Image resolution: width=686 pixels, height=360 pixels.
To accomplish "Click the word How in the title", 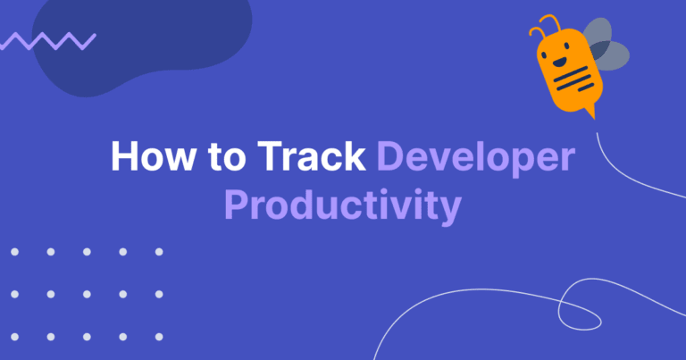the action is [x=153, y=155].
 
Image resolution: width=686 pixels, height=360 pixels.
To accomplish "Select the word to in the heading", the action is [x=227, y=156].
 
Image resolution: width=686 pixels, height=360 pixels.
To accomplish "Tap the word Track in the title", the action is [x=312, y=155].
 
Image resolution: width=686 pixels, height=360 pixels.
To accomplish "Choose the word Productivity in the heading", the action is [x=343, y=207].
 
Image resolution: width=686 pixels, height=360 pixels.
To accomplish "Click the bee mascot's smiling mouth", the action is [x=558, y=63].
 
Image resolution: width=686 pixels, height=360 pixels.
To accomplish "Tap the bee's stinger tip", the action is [x=595, y=119].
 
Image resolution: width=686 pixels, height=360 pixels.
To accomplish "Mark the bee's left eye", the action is [x=544, y=55].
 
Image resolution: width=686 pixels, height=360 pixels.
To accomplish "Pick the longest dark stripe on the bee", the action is [x=572, y=74].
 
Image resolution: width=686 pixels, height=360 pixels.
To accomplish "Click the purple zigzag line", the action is [x=47, y=41].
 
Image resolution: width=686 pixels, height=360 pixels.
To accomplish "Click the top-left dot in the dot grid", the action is [x=15, y=252].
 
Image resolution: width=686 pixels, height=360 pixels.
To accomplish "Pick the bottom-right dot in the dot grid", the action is [x=159, y=337].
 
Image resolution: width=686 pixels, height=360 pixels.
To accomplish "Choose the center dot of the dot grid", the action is [x=87, y=295].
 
